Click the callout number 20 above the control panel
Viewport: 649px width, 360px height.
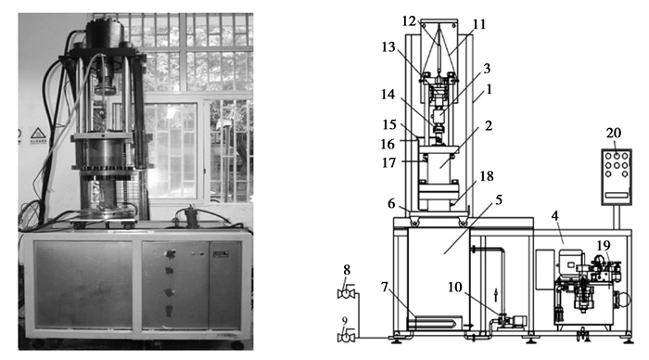click(x=614, y=133)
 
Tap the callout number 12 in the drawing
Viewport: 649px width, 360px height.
click(x=409, y=21)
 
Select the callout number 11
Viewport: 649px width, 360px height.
click(x=479, y=24)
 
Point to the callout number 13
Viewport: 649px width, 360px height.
click(x=388, y=47)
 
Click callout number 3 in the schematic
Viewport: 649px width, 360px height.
click(x=487, y=69)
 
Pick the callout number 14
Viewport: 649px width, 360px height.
click(x=388, y=95)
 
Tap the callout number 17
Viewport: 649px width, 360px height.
click(x=388, y=162)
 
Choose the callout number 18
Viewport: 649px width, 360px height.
click(x=487, y=176)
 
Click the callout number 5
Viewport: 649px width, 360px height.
click(x=499, y=200)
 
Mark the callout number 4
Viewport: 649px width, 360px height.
click(x=554, y=216)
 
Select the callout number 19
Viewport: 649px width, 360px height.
click(x=604, y=246)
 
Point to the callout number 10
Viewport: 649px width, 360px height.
click(x=454, y=287)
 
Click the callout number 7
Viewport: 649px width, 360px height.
click(x=385, y=287)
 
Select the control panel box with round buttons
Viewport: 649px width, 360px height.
click(x=617, y=177)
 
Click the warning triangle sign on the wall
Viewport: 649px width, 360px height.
click(x=38, y=133)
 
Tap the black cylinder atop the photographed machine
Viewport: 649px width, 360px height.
click(x=105, y=35)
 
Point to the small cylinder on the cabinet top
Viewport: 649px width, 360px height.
click(x=191, y=216)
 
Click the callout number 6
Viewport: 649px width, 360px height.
click(x=391, y=203)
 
